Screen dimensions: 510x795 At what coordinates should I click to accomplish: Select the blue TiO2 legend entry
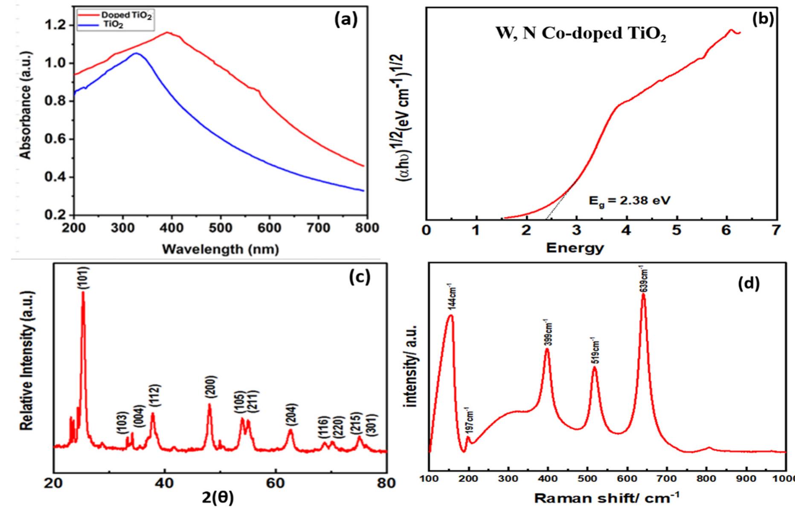pyautogui.click(x=113, y=25)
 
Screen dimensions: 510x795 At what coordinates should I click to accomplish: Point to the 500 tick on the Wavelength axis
pyautogui.click(x=220, y=227)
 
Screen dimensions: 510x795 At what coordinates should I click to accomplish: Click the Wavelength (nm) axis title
pyautogui.click(x=220, y=248)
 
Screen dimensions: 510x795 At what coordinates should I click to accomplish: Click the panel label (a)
pyautogui.click(x=346, y=20)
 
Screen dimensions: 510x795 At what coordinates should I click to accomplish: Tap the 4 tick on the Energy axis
pyautogui.click(x=627, y=230)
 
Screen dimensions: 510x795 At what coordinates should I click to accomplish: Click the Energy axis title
pyautogui.click(x=575, y=248)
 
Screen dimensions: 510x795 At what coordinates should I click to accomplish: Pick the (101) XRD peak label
pyautogui.click(x=83, y=278)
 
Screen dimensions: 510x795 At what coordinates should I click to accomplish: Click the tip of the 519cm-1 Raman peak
pyautogui.click(x=595, y=367)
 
